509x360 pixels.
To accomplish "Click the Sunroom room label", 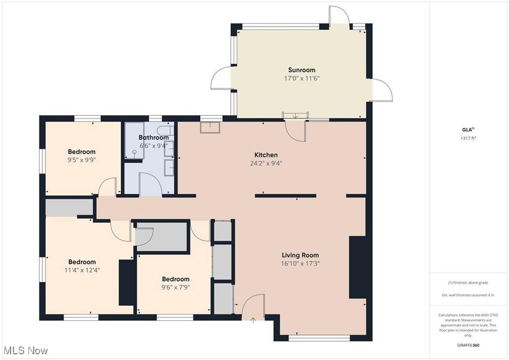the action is (x=302, y=70).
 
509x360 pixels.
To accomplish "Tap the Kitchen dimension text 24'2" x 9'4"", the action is (x=266, y=163).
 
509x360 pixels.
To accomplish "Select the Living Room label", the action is (x=300, y=255).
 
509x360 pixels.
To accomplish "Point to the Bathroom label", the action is (x=154, y=137).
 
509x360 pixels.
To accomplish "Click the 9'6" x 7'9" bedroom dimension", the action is (x=175, y=287).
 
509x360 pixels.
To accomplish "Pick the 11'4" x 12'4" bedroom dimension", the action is (x=82, y=270).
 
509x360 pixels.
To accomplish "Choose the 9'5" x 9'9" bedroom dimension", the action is (x=82, y=160).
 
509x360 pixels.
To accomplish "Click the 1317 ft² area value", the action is (x=468, y=138).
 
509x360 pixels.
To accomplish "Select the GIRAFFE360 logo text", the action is (x=468, y=345).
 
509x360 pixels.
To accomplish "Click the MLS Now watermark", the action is (x=26, y=350).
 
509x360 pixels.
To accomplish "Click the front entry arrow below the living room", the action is (x=253, y=320).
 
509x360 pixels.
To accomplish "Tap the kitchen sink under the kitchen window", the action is (x=210, y=127).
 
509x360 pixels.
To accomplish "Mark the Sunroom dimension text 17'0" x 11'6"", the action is (x=302, y=78).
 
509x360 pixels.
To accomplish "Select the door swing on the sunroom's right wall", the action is (x=382, y=90).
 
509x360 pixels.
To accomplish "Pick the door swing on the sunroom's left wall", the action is (x=221, y=78).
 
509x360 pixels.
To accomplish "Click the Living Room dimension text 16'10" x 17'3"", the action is (x=300, y=263).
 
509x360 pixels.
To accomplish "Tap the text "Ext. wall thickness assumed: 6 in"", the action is (x=468, y=295).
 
